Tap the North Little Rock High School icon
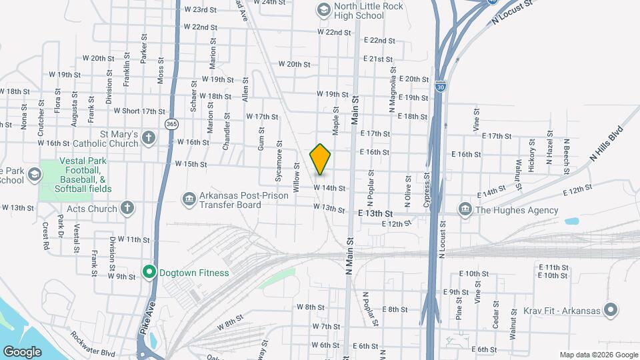point(323,9)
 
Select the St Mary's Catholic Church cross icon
point(148,139)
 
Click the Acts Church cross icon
point(127,209)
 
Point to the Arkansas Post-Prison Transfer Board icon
point(189,199)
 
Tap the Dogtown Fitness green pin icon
point(149,272)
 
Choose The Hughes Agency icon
point(465,210)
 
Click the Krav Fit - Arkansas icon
point(610,309)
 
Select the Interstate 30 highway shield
point(439,86)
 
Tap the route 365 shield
point(171,124)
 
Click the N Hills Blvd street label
point(606,143)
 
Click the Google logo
point(22,351)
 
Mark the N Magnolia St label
point(393,93)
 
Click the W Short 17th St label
point(139,111)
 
